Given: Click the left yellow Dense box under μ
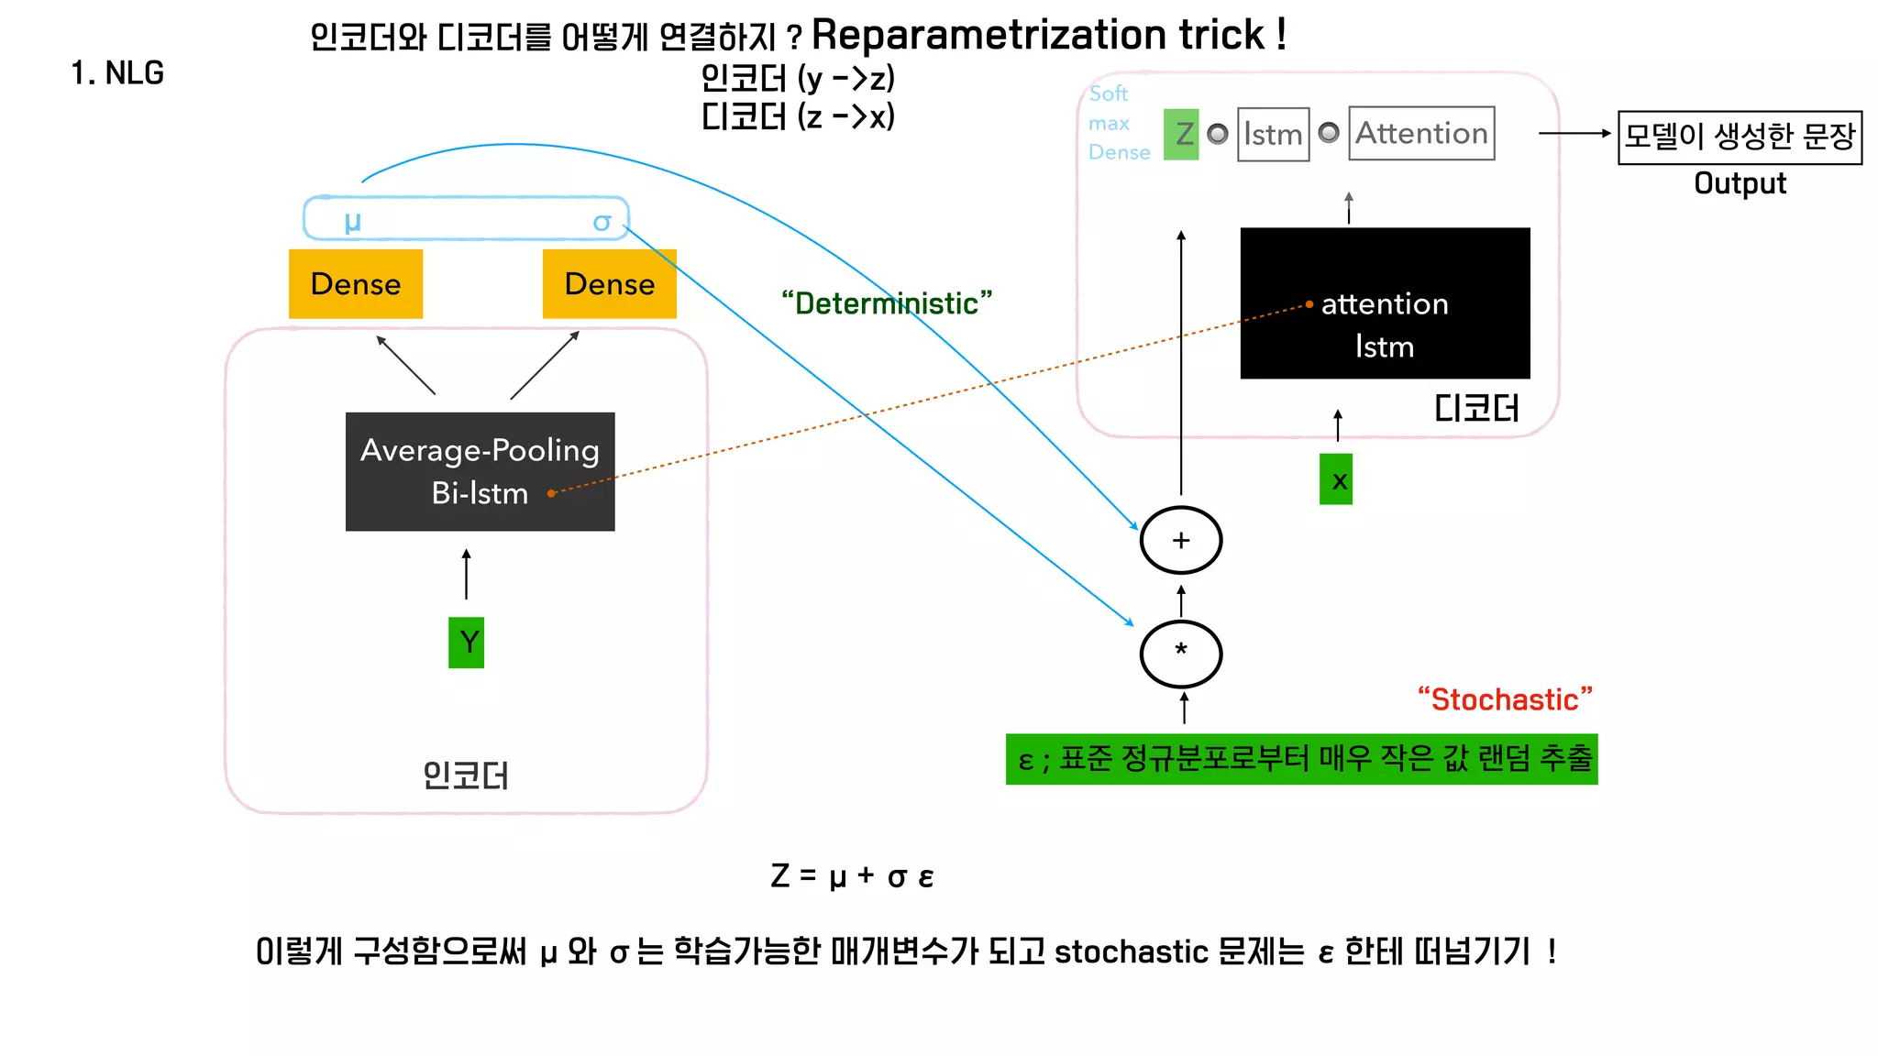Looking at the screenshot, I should (356, 284).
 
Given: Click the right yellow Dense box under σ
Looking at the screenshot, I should (609, 284).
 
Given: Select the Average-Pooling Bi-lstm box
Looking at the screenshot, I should (480, 471).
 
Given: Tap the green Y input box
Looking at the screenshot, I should (466, 642).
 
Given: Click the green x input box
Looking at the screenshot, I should (1336, 479).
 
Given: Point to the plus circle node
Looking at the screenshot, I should (1180, 540).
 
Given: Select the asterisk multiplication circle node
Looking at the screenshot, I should (1180, 654).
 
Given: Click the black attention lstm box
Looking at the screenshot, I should (1385, 303).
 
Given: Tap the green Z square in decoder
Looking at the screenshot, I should (1181, 134).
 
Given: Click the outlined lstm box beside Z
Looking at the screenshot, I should (1273, 135).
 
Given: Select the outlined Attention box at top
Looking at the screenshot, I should (1420, 134).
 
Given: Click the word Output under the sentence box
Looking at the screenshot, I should (1740, 183).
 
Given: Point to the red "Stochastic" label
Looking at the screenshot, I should (1505, 699).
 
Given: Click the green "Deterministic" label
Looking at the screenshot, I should (886, 303).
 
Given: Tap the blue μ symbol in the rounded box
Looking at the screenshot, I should (352, 221).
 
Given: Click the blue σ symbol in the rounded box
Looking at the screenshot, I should (602, 222).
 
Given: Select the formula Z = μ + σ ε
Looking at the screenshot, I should (852, 876).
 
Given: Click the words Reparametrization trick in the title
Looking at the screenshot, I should (1038, 35).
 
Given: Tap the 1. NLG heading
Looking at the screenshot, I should (117, 72).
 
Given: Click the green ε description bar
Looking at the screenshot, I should (1301, 759).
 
